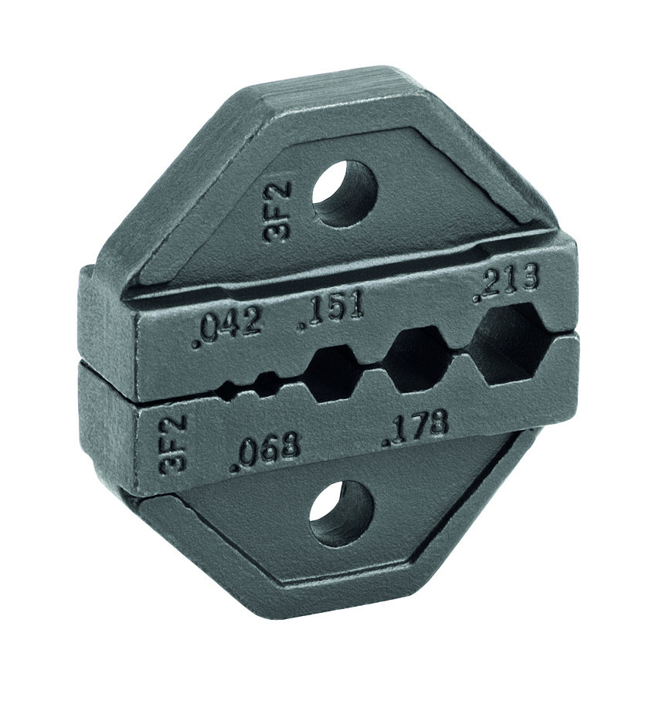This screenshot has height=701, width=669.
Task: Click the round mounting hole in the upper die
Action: pos(345,193)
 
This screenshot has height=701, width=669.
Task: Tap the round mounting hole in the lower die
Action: pos(341,515)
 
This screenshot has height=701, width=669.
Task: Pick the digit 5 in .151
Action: pos(334,310)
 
